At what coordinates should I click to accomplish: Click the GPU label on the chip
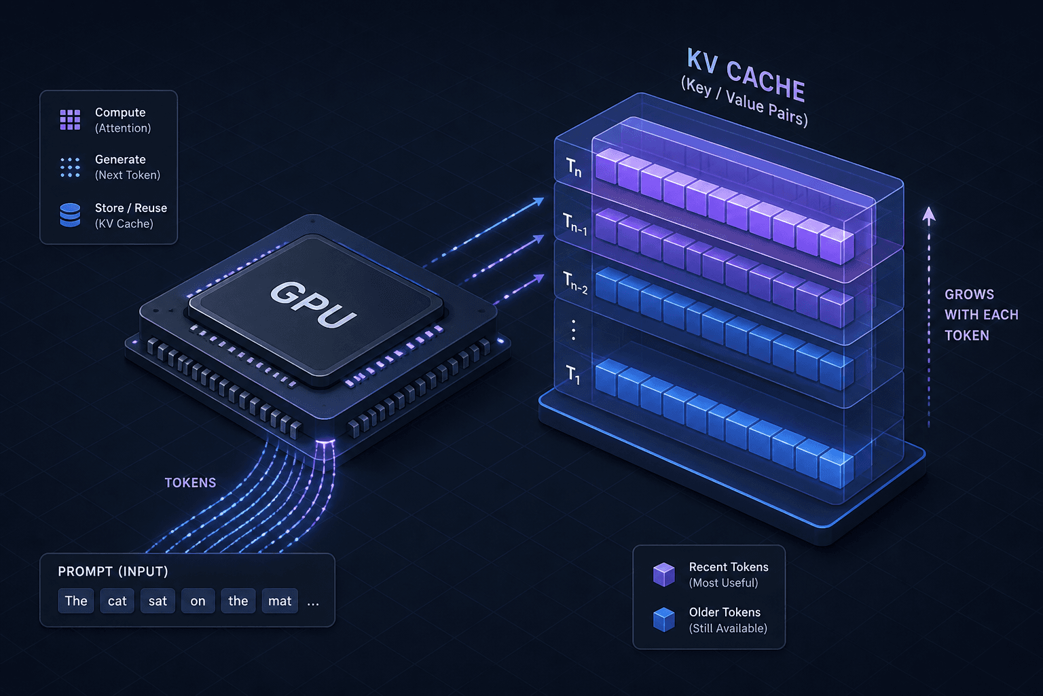click(313, 304)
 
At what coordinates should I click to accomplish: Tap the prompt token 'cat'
click(117, 601)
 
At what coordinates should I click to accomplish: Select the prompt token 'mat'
click(279, 601)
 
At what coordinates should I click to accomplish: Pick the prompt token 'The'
click(76, 601)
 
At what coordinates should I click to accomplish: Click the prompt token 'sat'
click(158, 601)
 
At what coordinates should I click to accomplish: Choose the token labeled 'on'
click(198, 601)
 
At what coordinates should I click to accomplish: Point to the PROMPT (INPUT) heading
click(113, 572)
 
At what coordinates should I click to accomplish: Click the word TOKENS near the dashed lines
click(190, 483)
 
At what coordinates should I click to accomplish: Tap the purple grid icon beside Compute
click(71, 120)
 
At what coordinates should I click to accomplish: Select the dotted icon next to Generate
click(71, 167)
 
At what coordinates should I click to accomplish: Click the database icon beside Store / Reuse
click(71, 215)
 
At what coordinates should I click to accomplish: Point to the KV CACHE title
click(746, 75)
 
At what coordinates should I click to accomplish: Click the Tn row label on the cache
click(574, 167)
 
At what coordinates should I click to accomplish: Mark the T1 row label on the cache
click(573, 375)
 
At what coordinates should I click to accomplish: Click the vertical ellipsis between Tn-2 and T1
click(574, 330)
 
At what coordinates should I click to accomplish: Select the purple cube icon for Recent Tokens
click(664, 574)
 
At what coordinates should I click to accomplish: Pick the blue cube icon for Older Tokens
click(664, 620)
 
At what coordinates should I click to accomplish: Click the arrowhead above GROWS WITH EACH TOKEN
click(929, 215)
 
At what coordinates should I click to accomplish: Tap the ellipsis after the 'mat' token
click(313, 604)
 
